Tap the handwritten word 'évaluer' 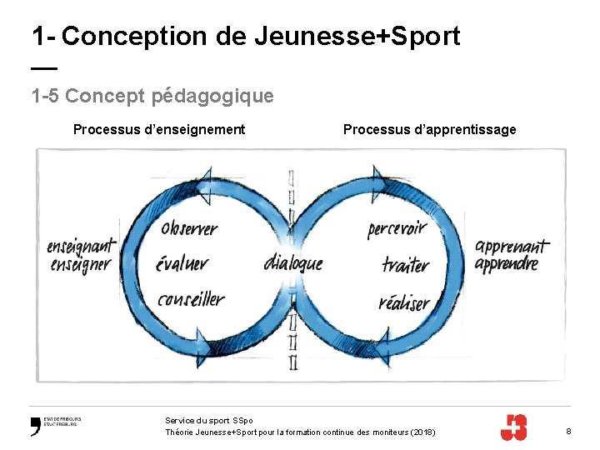point(182,263)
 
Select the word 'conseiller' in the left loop point(191,297)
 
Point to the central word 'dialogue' point(292,262)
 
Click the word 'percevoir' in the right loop point(397,228)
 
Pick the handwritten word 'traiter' point(406,265)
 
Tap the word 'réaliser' point(404,302)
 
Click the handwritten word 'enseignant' point(81,247)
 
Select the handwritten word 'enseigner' point(80,265)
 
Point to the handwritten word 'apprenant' point(512,247)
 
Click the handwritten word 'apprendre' point(507,265)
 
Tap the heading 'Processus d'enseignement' point(159,129)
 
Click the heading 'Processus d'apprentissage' point(429,129)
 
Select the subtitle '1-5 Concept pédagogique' point(152,97)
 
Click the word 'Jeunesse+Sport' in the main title point(357,36)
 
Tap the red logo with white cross point(512,427)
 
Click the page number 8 point(568,431)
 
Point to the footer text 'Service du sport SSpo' point(209,421)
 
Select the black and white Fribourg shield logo point(35,426)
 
